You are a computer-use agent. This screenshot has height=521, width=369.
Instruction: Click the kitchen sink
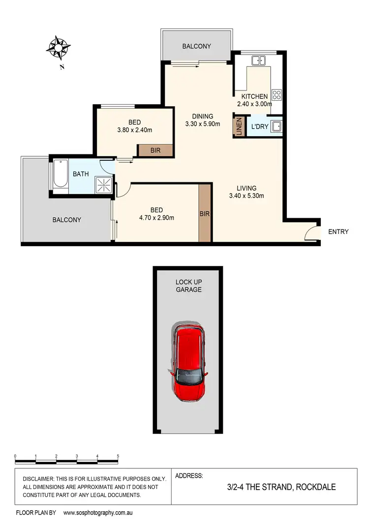pos(259,61)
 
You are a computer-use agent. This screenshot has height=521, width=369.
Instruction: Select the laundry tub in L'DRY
pos(277,126)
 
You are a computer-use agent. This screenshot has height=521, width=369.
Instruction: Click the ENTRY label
pos(338,232)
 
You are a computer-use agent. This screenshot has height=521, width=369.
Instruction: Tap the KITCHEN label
pos(254,96)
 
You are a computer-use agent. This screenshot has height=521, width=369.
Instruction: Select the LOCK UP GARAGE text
pos(189,286)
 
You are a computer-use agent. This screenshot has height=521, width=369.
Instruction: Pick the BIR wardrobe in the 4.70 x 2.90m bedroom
pos(205,214)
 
